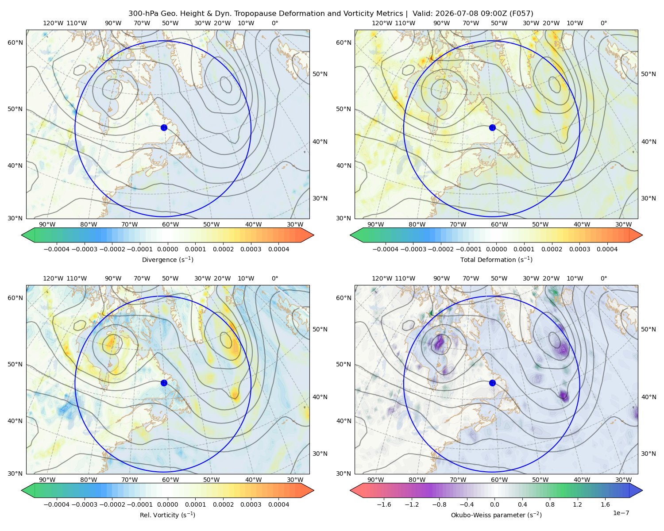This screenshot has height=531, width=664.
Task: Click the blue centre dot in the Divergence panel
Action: pos(164,127)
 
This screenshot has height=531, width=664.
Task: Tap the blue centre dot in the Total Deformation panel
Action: pos(492,127)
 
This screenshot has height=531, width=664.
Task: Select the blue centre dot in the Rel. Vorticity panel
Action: pos(164,383)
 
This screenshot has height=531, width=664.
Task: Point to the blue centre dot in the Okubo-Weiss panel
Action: pos(492,383)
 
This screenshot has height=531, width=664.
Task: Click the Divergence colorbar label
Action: pos(167,259)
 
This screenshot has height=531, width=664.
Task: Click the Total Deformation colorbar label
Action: pos(496,259)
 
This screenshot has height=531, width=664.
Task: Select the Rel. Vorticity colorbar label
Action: pos(167,515)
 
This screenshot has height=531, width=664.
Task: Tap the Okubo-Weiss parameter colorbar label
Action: pos(496,515)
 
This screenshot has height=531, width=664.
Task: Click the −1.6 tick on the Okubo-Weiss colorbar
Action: pos(384,504)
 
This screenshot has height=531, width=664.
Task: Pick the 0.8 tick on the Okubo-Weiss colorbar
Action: pos(550,504)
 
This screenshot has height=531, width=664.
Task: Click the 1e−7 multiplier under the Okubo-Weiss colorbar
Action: pos(621,513)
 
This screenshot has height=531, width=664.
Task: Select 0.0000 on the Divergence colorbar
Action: pos(167,249)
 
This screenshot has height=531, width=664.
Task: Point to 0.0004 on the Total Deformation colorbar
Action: pos(607,249)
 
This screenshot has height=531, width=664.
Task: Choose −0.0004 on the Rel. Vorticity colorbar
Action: pos(57,504)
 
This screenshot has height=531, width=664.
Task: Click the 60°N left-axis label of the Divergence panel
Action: pos(15,42)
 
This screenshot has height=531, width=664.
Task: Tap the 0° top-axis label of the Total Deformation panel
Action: pos(603,23)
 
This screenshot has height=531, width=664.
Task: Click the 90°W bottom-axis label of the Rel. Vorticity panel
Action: pos(47,480)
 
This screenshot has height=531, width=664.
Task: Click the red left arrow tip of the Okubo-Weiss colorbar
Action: pos(351,490)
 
